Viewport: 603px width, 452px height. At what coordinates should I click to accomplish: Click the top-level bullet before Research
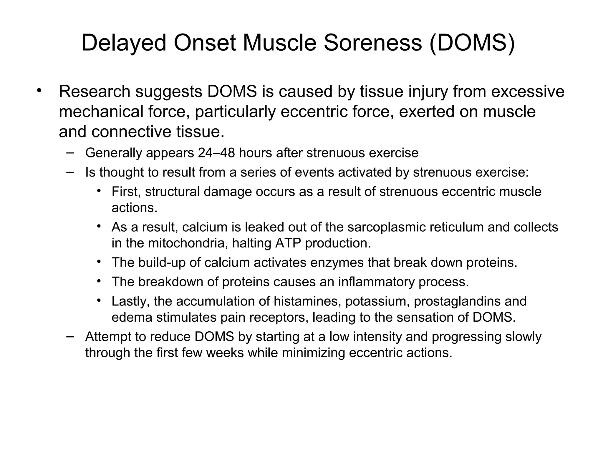coord(40,90)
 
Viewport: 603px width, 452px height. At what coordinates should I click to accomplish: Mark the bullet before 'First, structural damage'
coord(99,191)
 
